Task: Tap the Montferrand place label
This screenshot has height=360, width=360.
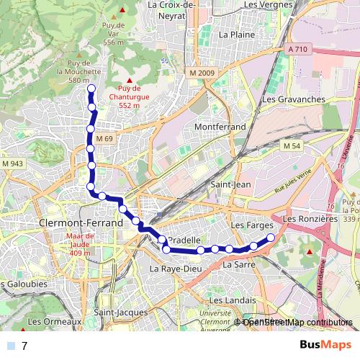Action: coord(220,127)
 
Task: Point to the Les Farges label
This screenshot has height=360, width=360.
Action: coord(248,225)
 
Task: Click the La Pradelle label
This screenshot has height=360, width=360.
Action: coord(182,240)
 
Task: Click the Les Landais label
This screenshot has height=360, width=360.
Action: coord(228,300)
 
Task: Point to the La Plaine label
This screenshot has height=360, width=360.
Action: coord(235,34)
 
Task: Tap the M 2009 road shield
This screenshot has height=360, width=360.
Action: coord(202,73)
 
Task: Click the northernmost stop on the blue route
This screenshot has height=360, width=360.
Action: coord(91,89)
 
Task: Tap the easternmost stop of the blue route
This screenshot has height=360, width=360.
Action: coord(271,238)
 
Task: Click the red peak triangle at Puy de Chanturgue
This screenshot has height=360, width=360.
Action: coord(130,80)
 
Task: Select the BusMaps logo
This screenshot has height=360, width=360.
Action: coord(325,345)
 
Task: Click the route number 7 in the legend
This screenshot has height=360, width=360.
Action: coord(25,346)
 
